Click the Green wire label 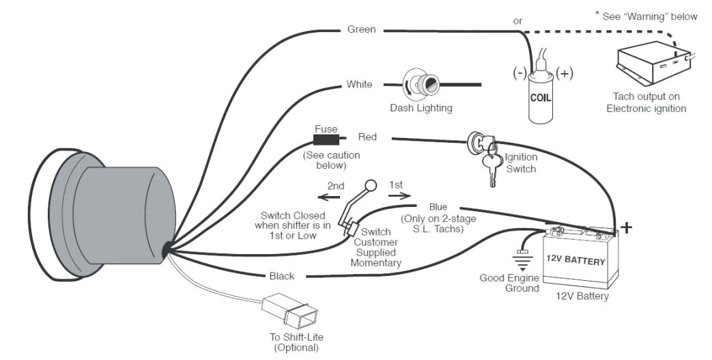(x=361, y=29)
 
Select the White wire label (x=359, y=85)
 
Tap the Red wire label (x=367, y=137)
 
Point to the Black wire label (x=281, y=276)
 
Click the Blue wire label (x=438, y=206)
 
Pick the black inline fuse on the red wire (x=326, y=140)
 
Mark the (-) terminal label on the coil (x=521, y=72)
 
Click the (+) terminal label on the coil (x=565, y=72)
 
